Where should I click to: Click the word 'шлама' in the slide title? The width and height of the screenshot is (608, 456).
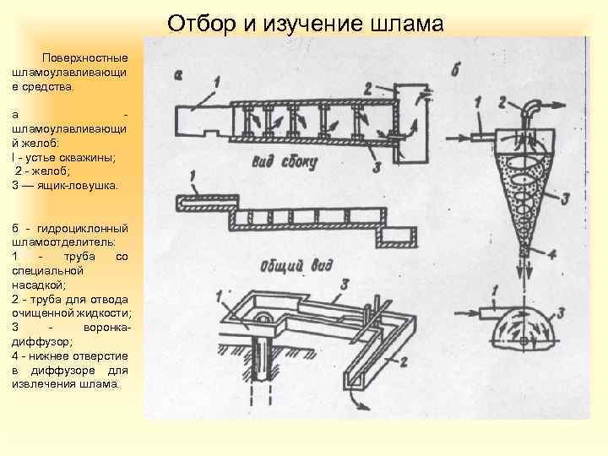[x=406, y=23]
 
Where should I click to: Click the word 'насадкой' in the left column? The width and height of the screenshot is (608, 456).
[x=36, y=285]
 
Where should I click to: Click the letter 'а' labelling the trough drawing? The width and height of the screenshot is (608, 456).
[x=177, y=74]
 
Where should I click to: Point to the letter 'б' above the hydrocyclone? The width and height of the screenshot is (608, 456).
[x=455, y=69]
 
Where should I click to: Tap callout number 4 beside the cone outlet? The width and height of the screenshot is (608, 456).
[x=550, y=252]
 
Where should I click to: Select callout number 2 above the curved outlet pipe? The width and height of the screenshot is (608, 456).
[x=503, y=101]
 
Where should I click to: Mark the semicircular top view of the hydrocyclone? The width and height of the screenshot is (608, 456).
[x=524, y=328]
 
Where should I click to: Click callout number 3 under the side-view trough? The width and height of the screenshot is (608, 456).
[x=375, y=167]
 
